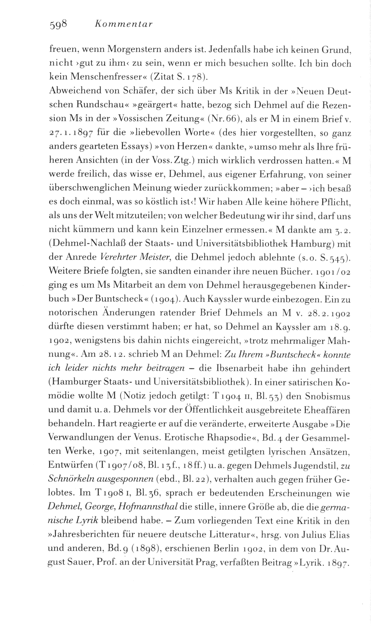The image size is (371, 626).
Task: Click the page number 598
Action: tap(58, 24)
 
